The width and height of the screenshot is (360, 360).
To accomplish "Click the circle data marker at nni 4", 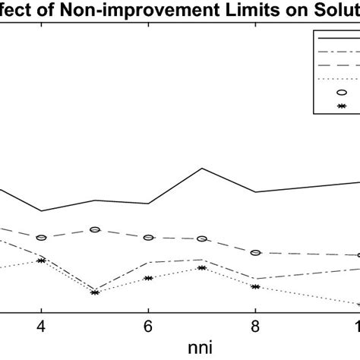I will (42, 238).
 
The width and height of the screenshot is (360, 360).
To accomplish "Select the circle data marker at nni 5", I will (95, 229).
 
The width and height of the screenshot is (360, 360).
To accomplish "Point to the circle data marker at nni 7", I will (202, 238).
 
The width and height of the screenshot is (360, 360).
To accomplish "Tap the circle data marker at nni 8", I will (256, 252).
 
